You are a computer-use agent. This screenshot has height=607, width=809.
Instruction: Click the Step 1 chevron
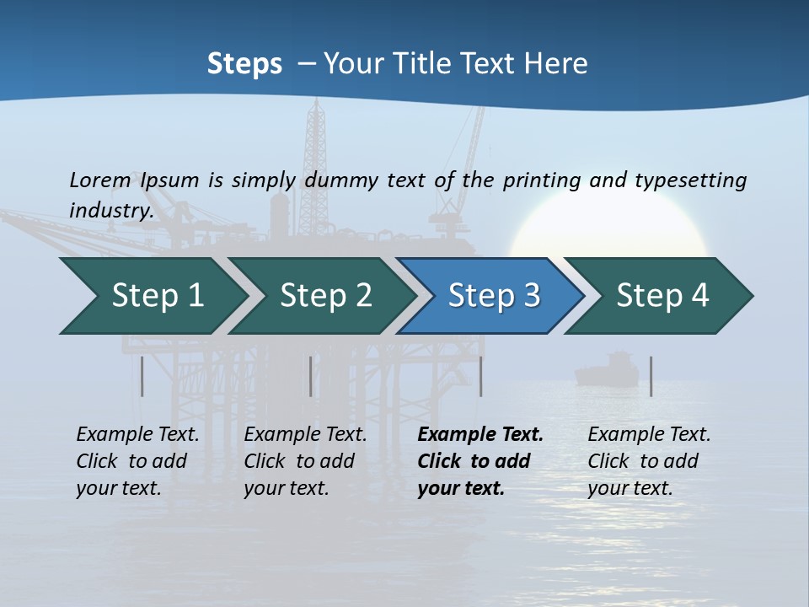coord(152,296)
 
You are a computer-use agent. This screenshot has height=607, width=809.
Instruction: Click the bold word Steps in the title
coord(244,64)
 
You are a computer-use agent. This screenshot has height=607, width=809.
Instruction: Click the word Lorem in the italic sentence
coord(100,180)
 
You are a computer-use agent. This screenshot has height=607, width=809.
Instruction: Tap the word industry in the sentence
coord(110,210)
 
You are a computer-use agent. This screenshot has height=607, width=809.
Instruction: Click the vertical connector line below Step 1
coord(142,376)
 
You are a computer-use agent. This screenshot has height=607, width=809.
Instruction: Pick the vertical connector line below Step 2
coord(311,376)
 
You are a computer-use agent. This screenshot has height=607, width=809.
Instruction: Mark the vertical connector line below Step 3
coord(481,376)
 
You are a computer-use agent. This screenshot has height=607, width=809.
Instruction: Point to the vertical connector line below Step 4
coord(651,376)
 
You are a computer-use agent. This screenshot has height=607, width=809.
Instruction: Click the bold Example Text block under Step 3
coord(480,461)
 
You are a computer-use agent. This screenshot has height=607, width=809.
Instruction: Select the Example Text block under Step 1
coord(137,461)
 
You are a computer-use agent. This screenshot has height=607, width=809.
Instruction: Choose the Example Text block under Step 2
coord(305,461)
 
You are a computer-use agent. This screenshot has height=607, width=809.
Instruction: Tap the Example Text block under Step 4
coord(649,461)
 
